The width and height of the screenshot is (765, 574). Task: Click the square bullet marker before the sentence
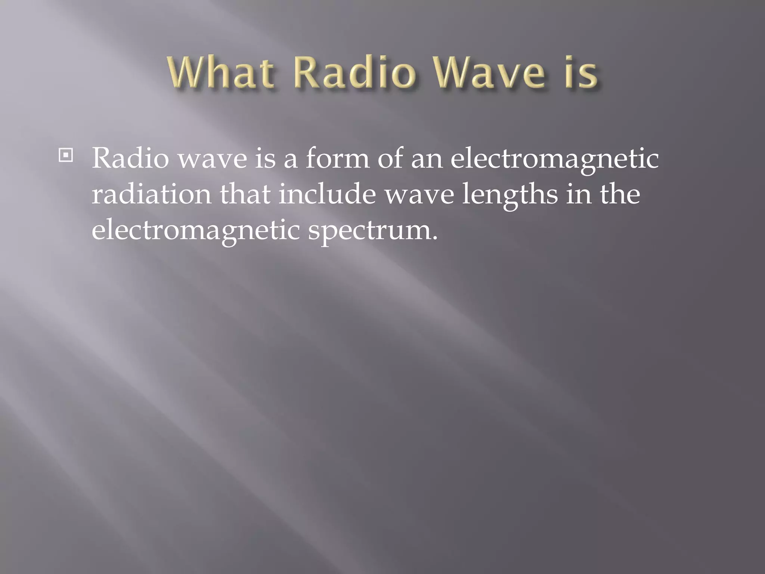[x=66, y=155]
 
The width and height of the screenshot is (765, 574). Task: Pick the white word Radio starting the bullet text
[x=130, y=158]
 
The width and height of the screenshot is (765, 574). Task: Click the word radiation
[x=152, y=194]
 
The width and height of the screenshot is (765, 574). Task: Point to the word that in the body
[x=245, y=194]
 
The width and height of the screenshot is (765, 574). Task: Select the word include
[x=327, y=194]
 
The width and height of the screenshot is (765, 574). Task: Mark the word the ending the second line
[x=620, y=194]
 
